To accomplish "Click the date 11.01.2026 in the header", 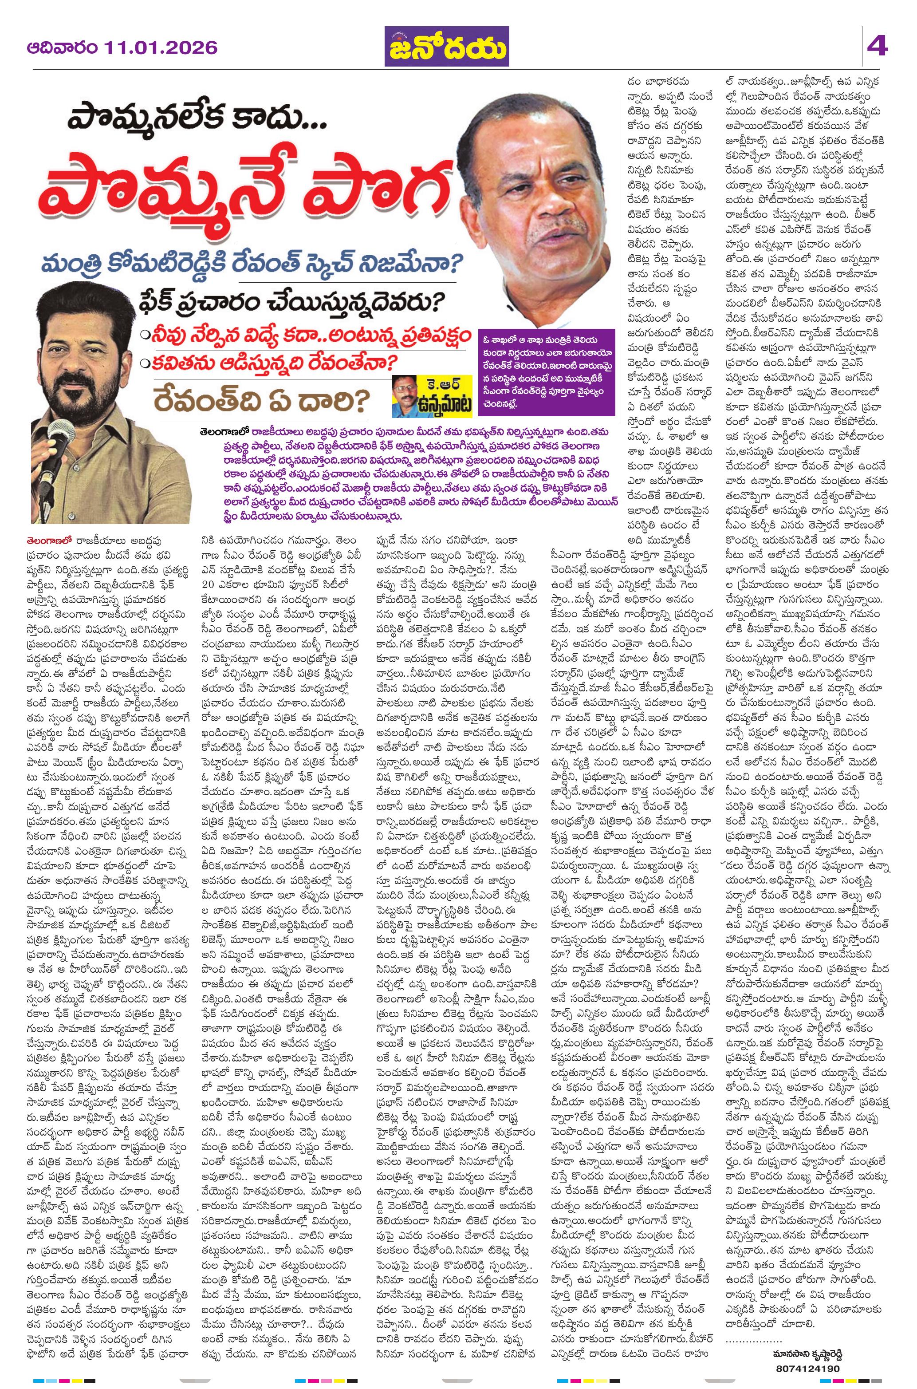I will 161,47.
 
